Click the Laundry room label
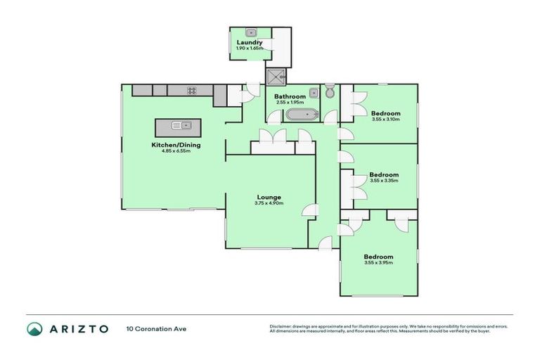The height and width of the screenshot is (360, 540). (x=250, y=42)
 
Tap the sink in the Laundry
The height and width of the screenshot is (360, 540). (x=250, y=32)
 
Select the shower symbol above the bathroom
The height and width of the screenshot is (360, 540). (x=275, y=75)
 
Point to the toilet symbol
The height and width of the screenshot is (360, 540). (x=329, y=93)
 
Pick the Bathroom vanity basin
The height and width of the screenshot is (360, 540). (x=314, y=91)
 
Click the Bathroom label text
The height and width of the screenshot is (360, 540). (x=290, y=96)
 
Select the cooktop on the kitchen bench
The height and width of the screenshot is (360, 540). (x=191, y=90)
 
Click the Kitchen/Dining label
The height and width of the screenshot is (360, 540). (x=171, y=145)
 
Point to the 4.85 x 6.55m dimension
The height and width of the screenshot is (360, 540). (x=171, y=151)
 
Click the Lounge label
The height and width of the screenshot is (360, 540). (x=269, y=197)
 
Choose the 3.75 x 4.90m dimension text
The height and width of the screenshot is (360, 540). (x=269, y=203)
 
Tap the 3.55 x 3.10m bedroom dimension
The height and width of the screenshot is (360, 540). (x=385, y=120)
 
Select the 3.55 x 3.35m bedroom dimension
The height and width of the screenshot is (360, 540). (x=384, y=181)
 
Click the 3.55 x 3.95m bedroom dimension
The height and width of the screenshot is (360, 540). (x=378, y=263)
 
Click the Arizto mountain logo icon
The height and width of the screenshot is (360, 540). (x=35, y=328)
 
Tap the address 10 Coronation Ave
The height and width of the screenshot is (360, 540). (x=157, y=328)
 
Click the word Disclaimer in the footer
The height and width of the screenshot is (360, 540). (x=281, y=326)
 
